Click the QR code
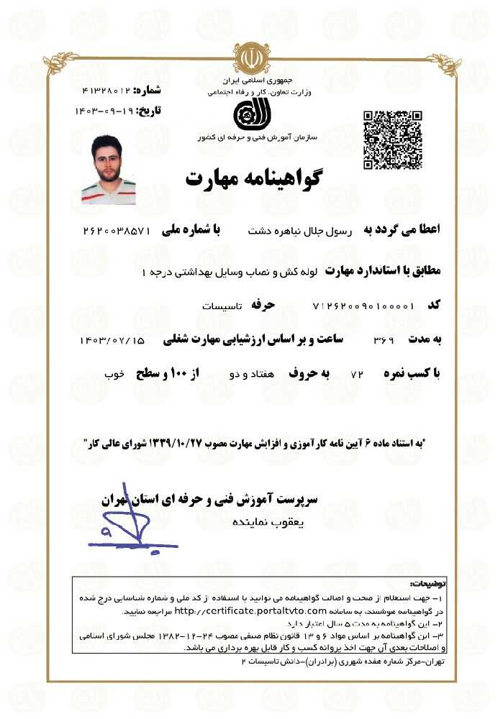pyautogui.click(x=392, y=140)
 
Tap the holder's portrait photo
pyautogui.click(x=109, y=170)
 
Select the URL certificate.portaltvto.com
pyautogui.click(x=237, y=610)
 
